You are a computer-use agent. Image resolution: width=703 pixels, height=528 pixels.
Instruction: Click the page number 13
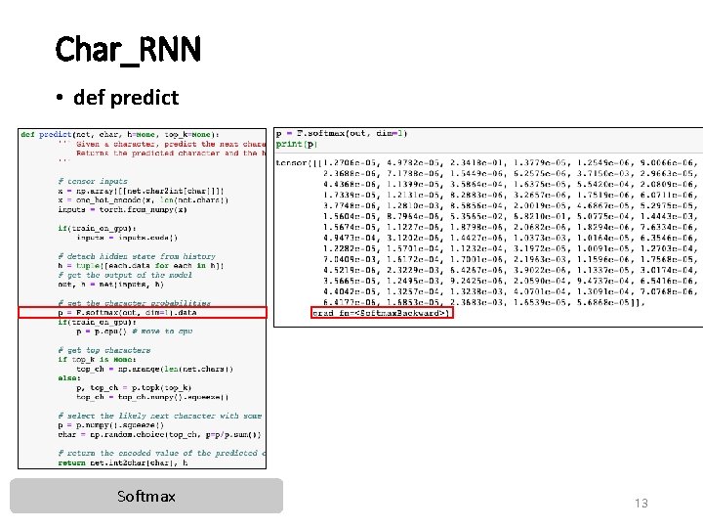click(641, 503)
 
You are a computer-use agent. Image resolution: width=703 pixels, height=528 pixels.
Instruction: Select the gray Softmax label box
click(146, 496)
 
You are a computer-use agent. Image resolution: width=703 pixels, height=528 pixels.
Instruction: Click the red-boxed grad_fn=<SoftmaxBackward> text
click(382, 313)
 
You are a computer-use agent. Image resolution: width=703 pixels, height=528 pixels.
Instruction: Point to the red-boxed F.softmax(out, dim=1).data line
click(142, 313)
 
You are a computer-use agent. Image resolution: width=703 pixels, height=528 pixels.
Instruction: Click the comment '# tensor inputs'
click(93, 181)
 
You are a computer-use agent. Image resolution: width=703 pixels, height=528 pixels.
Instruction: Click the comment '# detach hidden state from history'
click(137, 256)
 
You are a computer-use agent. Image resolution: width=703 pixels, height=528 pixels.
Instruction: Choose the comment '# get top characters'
click(103, 349)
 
